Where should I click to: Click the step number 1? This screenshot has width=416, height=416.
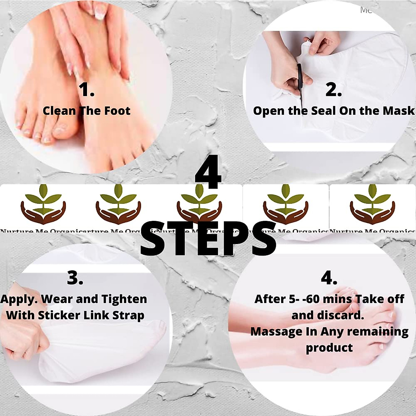[x=86, y=90]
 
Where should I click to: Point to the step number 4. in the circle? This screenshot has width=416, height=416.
[x=329, y=278]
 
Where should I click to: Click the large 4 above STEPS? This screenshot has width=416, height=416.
[x=208, y=172]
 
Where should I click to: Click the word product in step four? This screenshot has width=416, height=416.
[x=329, y=348]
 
